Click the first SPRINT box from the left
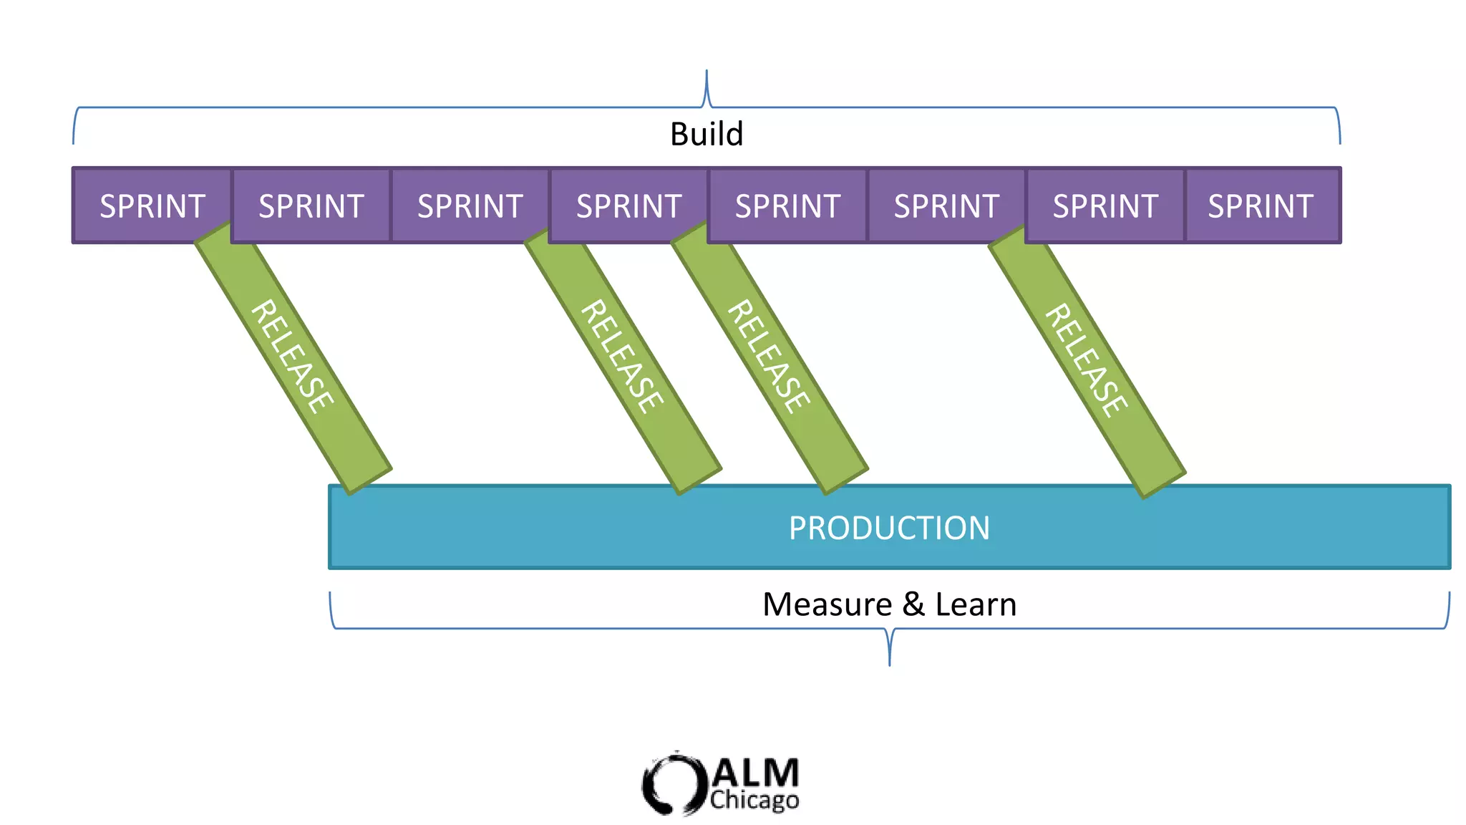152,206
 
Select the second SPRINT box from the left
311,206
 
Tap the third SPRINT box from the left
470,206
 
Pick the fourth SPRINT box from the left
628,206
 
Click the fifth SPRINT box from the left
787,206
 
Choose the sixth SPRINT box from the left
946,206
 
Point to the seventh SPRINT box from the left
1105,206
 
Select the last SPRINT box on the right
1261,206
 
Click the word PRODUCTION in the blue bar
889,529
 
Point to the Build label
707,134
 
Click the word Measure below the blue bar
827,604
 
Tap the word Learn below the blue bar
976,604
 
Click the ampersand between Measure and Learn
913,604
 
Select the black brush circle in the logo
669,783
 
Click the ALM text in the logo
756,773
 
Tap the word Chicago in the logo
754,800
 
